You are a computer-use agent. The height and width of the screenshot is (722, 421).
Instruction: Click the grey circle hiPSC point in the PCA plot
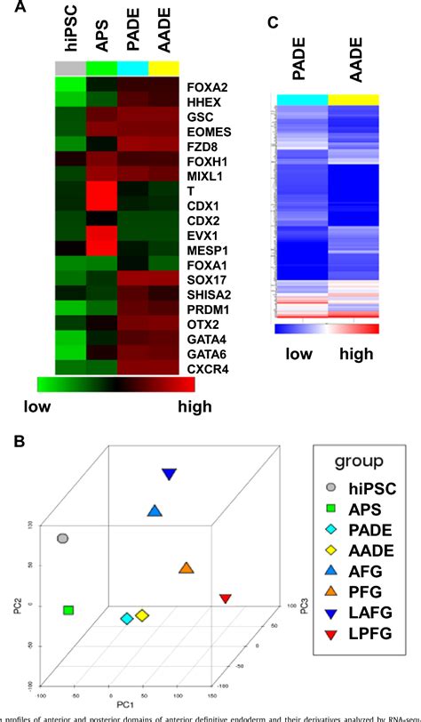(62, 538)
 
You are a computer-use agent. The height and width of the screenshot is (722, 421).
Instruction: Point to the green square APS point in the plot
(68, 610)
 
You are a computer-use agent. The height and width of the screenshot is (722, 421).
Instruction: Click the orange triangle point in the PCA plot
(186, 568)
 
